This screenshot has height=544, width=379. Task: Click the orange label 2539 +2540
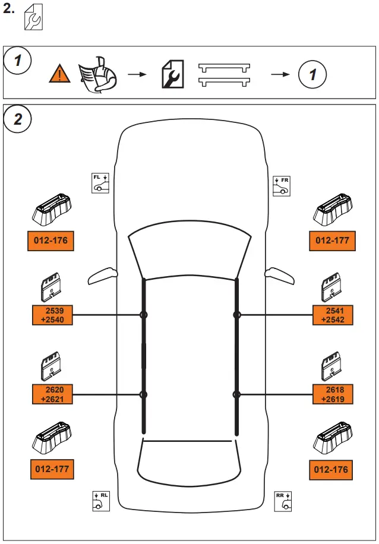click(x=52, y=315)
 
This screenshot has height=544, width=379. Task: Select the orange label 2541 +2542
click(x=333, y=315)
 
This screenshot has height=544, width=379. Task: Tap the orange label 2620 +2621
click(x=52, y=394)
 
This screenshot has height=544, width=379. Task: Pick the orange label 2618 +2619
click(x=333, y=394)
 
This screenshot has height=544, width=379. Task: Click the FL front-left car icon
click(x=100, y=182)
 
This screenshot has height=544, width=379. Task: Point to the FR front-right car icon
click(x=281, y=185)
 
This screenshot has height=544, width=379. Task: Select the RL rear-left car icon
click(x=101, y=501)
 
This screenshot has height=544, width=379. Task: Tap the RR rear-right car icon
click(x=283, y=501)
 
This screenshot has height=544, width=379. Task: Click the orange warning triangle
click(x=61, y=74)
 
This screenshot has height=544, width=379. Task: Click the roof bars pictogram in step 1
click(x=223, y=74)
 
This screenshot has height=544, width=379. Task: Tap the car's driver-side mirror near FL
click(x=103, y=276)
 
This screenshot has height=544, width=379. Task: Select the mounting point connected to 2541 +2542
click(x=236, y=315)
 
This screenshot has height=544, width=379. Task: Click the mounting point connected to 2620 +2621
click(x=143, y=394)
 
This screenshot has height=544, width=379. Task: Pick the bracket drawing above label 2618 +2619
click(x=330, y=366)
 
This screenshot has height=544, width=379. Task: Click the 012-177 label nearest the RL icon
click(x=52, y=469)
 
